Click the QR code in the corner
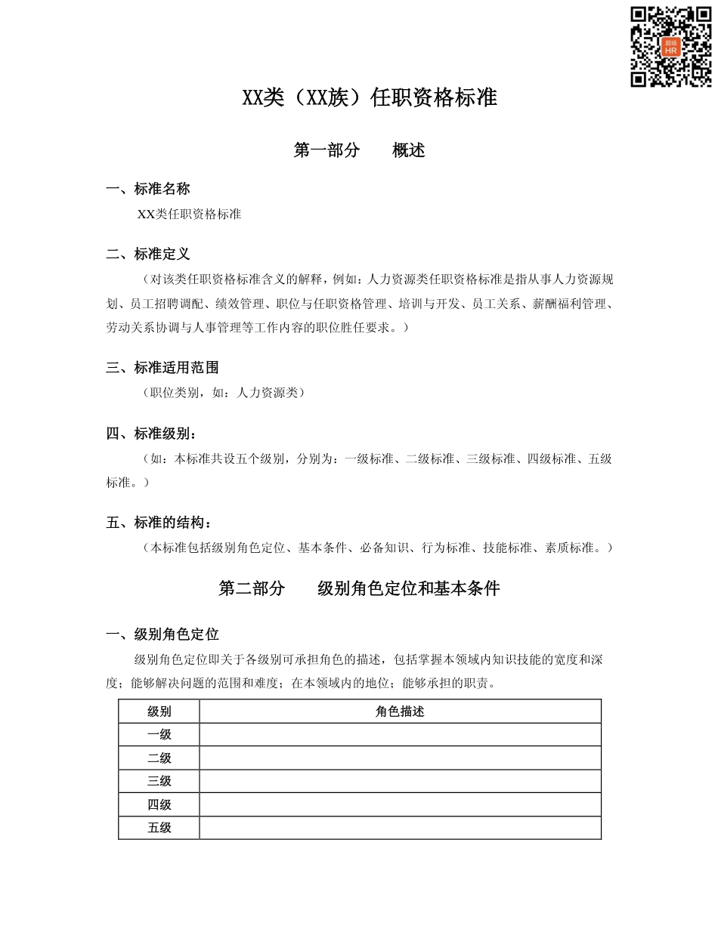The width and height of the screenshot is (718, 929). tap(671, 47)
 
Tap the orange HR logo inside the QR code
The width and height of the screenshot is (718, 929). tap(670, 47)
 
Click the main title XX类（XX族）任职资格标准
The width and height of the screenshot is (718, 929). tap(369, 98)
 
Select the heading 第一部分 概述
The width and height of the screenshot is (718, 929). tap(359, 150)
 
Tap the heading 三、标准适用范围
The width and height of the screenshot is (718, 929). tap(162, 368)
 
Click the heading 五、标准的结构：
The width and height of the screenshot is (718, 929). tap(159, 523)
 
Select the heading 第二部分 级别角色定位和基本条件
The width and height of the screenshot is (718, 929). tap(359, 588)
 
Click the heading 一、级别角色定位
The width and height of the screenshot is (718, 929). tap(162, 634)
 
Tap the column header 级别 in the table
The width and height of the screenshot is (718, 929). tap(159, 711)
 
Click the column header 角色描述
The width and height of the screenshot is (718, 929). tap(400, 711)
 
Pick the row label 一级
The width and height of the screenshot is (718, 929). tap(159, 735)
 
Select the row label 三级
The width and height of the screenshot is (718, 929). tap(159, 781)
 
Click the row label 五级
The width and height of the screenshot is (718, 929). tap(159, 828)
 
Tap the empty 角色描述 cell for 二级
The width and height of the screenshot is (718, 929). tap(400, 758)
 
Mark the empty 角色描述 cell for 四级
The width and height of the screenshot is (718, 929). tap(400, 804)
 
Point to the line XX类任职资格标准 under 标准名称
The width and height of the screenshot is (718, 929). tap(189, 214)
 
